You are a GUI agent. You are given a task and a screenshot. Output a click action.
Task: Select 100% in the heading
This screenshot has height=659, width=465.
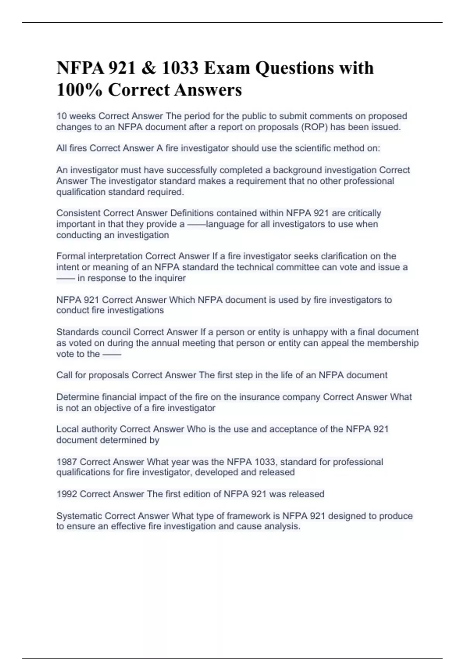[x=79, y=90]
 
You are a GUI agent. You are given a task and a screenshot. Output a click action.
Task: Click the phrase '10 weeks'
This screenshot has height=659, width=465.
[x=76, y=116]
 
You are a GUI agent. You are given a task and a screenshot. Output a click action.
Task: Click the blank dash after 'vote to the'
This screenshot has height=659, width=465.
[x=112, y=354]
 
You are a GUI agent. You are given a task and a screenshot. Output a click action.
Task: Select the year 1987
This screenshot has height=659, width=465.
[x=67, y=462]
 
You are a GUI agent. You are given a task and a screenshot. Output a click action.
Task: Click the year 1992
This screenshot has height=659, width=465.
[x=67, y=494]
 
